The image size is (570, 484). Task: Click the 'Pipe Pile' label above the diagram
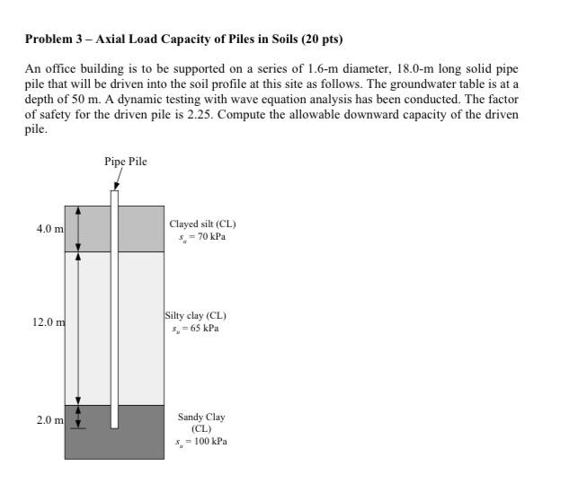pyautogui.click(x=125, y=162)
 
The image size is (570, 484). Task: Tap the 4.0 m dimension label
pyautogui.click(x=49, y=229)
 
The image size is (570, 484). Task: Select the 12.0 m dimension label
pyautogui.click(x=48, y=322)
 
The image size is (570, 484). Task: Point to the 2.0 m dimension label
pyautogui.click(x=49, y=420)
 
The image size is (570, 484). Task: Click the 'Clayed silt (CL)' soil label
pyautogui.click(x=202, y=224)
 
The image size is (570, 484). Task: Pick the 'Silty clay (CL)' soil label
pyautogui.click(x=196, y=315)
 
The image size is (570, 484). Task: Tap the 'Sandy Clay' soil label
pyautogui.click(x=201, y=417)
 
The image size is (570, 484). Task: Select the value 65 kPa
pyautogui.click(x=201, y=329)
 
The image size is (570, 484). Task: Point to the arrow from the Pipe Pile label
pyautogui.click(x=117, y=180)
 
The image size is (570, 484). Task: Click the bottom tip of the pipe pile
pyautogui.click(x=114, y=427)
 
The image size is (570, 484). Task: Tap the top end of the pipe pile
pyautogui.click(x=114, y=191)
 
